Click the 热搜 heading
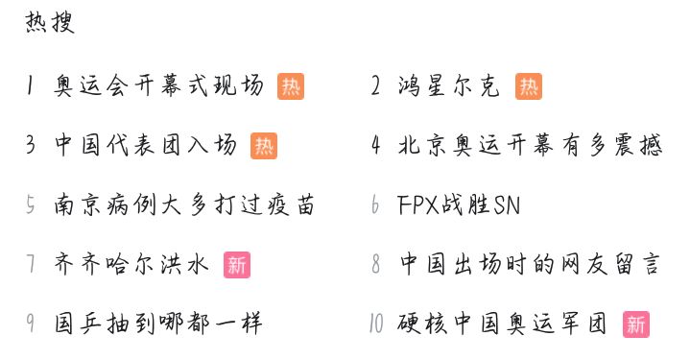[x=50, y=23]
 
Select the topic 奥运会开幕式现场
[x=159, y=86]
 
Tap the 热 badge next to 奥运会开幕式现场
[x=291, y=86]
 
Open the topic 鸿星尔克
[x=449, y=86]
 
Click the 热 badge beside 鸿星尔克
[x=529, y=86]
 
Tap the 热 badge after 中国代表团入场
[x=264, y=146]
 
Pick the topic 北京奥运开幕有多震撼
[x=530, y=146]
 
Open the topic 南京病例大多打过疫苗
[x=185, y=205]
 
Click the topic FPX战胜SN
[x=459, y=205]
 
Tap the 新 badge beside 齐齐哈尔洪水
[x=236, y=265]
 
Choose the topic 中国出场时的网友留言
[x=530, y=265]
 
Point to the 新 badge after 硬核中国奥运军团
[x=635, y=324]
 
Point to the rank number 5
[x=32, y=205]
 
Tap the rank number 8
[x=376, y=265]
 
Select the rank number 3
[x=32, y=146]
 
